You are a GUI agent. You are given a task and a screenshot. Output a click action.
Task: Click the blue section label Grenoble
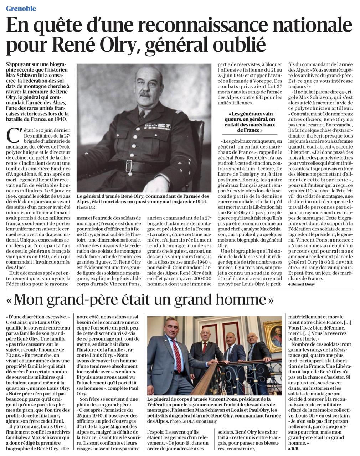click(x=21, y=9)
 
